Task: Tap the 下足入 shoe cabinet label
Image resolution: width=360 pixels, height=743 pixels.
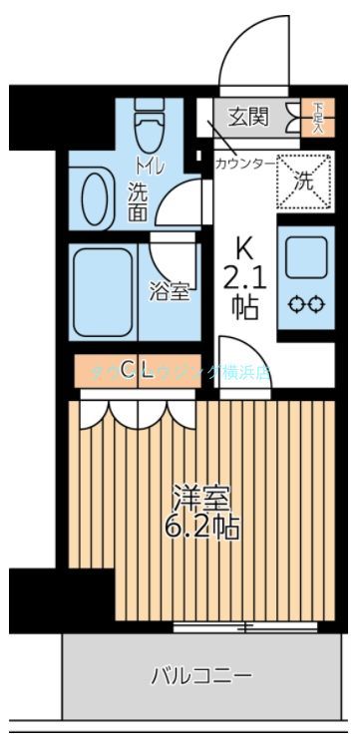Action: tap(317, 117)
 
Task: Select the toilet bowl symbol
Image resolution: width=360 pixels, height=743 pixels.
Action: tap(150, 127)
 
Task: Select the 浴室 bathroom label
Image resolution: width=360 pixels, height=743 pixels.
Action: tap(169, 291)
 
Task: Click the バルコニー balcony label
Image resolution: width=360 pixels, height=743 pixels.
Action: tap(201, 676)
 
